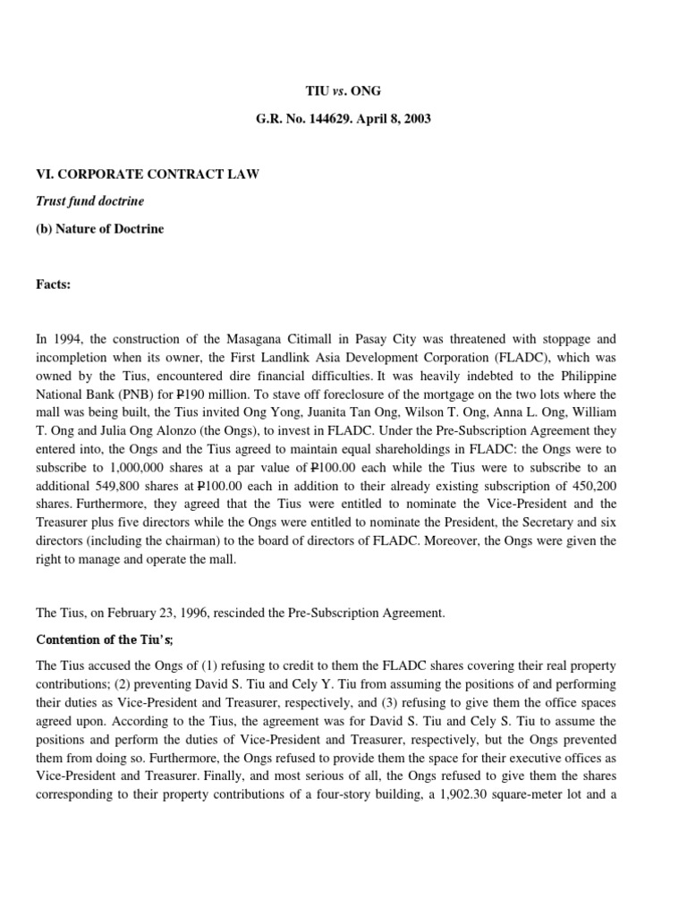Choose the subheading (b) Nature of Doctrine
coord(100,228)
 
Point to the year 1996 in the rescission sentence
coord(192,613)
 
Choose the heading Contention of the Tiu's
coord(105,640)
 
